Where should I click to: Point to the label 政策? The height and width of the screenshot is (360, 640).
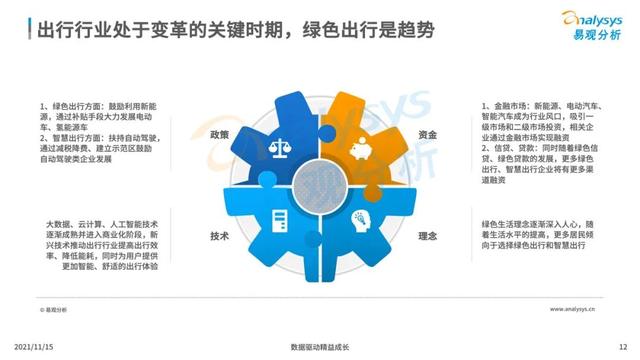pos(220,134)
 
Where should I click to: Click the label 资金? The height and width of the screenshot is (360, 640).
pos(426,134)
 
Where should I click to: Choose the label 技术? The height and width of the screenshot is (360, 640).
pos(220,236)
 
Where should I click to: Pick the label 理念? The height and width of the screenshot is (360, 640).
pos(426,236)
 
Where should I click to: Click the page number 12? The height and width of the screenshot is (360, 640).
pos(623,346)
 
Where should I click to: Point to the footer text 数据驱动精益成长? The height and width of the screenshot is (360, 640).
pos(320,346)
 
